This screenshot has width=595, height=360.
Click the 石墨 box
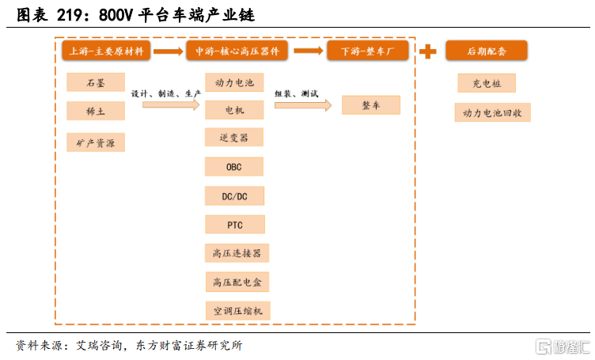point(96,82)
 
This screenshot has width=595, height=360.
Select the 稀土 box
point(96,111)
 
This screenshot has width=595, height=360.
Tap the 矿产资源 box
point(96,142)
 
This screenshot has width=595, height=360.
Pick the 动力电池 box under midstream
point(234,82)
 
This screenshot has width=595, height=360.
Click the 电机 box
point(234,110)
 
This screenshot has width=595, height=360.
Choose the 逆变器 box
point(234,138)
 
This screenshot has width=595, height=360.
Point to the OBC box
point(234,167)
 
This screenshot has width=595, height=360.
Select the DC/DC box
point(234,195)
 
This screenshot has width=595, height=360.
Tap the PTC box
point(235,225)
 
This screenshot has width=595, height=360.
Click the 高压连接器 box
point(237,253)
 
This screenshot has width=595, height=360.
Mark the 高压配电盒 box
point(237,282)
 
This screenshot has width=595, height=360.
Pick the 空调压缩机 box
point(238,311)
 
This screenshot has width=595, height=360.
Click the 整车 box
point(371,105)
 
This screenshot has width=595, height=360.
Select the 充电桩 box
point(487,83)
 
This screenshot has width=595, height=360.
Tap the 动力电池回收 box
point(493,112)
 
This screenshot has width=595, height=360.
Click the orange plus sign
point(427,51)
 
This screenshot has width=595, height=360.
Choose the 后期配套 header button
point(487,51)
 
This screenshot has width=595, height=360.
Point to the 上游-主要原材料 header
point(106,51)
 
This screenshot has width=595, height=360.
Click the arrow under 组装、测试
point(303,105)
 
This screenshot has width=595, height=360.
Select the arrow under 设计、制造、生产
point(171,104)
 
